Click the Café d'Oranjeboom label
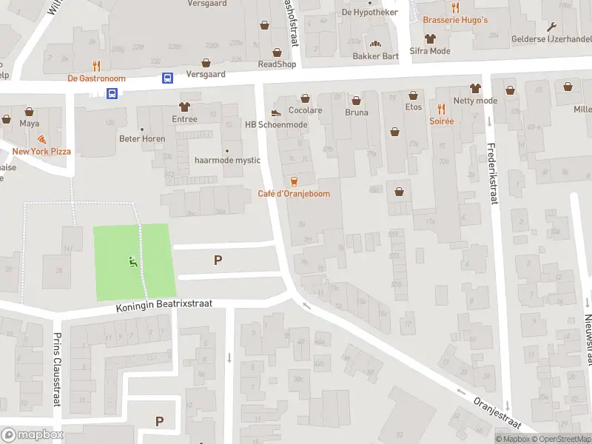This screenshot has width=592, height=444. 294,194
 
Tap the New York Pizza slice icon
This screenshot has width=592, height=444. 41,138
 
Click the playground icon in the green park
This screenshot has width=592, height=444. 132,260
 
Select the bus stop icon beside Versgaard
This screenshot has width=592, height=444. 168,78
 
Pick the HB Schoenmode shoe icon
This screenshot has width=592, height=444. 276,112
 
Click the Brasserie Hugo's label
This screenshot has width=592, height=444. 455,20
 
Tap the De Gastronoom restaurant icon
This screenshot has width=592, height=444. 96,66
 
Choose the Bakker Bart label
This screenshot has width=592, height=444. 375,56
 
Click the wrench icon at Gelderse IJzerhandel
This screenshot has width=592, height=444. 551,27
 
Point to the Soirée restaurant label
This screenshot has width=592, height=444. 441,121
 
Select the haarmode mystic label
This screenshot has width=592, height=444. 227,160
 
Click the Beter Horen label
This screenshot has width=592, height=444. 142,138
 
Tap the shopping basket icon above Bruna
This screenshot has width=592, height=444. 356,100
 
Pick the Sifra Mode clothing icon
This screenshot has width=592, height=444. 429,38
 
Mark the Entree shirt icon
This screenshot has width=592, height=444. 184,107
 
